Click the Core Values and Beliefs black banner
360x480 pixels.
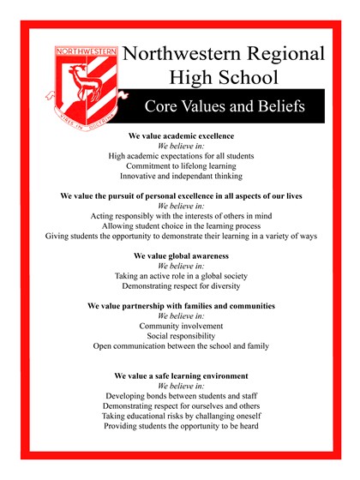coord(225,106)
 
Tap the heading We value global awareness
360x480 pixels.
coord(181,255)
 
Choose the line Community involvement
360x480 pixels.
coord(181,326)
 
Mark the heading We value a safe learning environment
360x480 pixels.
coord(181,375)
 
